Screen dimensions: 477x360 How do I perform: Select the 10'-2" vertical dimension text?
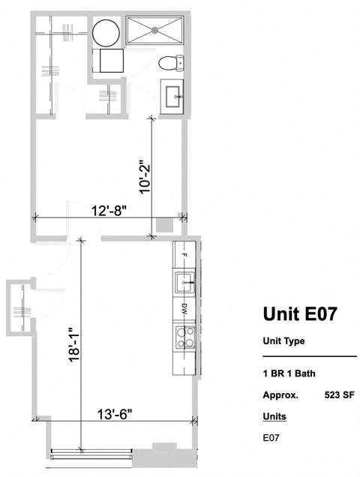pos(144,175)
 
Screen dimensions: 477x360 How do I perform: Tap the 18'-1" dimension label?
pos(73,344)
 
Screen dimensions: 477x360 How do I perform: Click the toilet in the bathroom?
pos(170,64)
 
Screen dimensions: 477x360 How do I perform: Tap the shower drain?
pos(156,31)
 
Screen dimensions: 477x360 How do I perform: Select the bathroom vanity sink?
pos(177,95)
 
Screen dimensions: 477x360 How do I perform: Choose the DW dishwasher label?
pos(184,307)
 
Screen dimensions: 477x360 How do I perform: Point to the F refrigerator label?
pos(184,256)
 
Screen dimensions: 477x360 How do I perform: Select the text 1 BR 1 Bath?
pos(287,373)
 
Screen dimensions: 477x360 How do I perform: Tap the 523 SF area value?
pos(340,394)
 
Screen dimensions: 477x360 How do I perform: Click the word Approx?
pos(280,394)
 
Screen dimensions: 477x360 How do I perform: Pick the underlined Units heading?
pos(274,415)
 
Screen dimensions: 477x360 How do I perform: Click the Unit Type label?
pos(283,341)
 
